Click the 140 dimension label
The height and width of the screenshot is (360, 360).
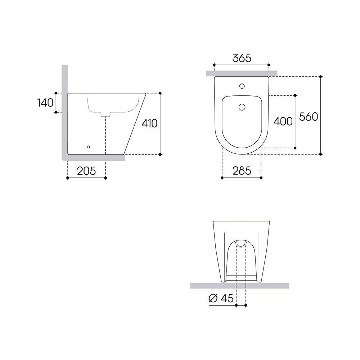[45, 103]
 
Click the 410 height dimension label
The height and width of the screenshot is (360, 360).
[149, 123]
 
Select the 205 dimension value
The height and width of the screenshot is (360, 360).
[86, 171]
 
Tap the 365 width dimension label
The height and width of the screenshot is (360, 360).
[242, 58]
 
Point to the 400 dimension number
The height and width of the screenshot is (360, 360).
[283, 121]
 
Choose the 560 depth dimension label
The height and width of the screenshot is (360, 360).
[309, 117]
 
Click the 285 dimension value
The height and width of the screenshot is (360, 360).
[242, 171]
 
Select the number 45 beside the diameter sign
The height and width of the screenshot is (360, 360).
[227, 298]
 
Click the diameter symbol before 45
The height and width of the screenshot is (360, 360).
[213, 298]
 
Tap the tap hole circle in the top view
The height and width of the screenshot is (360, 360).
[242, 86]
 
